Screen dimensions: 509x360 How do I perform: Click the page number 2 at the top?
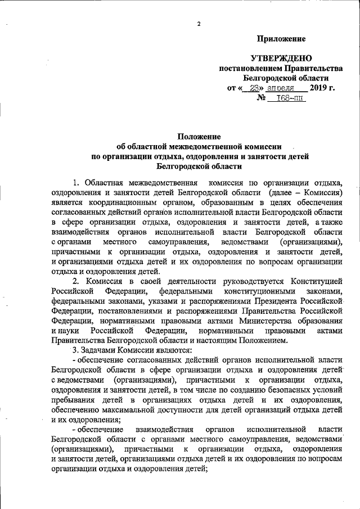(x=199, y=23)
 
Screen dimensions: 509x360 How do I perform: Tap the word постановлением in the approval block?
(x=249, y=68)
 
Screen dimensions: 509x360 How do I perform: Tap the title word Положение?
(x=199, y=137)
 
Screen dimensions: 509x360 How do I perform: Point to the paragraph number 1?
(x=76, y=183)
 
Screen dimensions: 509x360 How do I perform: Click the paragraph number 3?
(x=67, y=350)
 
